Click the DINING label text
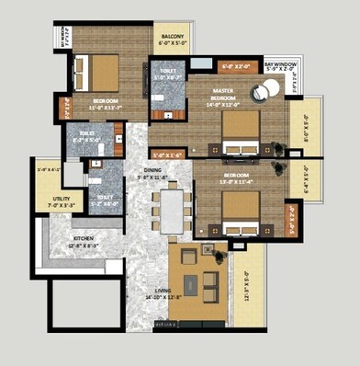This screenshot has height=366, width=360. point(152,169)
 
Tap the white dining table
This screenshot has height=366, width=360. point(172,211)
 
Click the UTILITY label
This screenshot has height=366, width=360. point(48,198)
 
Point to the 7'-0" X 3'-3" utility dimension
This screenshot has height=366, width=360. point(49,205)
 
